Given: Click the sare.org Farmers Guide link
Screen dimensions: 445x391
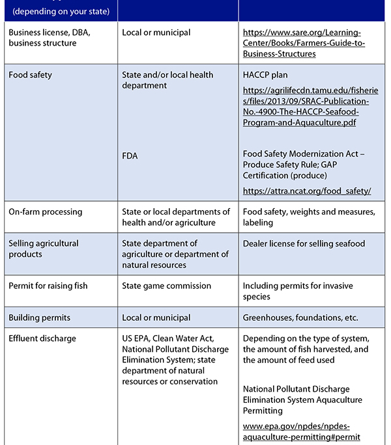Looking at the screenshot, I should coord(304,43).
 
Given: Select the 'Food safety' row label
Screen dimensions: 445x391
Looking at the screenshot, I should coord(30,75).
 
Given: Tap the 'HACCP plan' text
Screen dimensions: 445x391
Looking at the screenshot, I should coord(265,75).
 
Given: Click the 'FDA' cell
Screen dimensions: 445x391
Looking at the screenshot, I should coord(130,155).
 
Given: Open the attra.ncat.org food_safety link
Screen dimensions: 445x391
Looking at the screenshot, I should coord(306,191).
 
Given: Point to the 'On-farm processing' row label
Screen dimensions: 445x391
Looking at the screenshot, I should coord(45,212).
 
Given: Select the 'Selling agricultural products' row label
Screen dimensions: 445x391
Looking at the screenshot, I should coord(44,249).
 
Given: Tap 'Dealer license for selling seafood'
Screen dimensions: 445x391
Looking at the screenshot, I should coord(304,244).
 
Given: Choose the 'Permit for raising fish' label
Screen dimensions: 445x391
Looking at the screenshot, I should coord(48,286).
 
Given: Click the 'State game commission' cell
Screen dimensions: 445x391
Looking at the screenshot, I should coord(166,286).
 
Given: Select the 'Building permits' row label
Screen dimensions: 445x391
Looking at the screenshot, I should coord(39,317).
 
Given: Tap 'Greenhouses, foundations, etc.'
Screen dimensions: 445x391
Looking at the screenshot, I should coord(300,317).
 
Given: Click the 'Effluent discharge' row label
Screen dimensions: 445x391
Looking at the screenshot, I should coord(42,338).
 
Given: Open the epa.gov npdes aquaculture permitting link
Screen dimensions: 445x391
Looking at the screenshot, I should coord(301,431).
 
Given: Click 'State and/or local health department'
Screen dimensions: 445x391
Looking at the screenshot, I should coord(167,80).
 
